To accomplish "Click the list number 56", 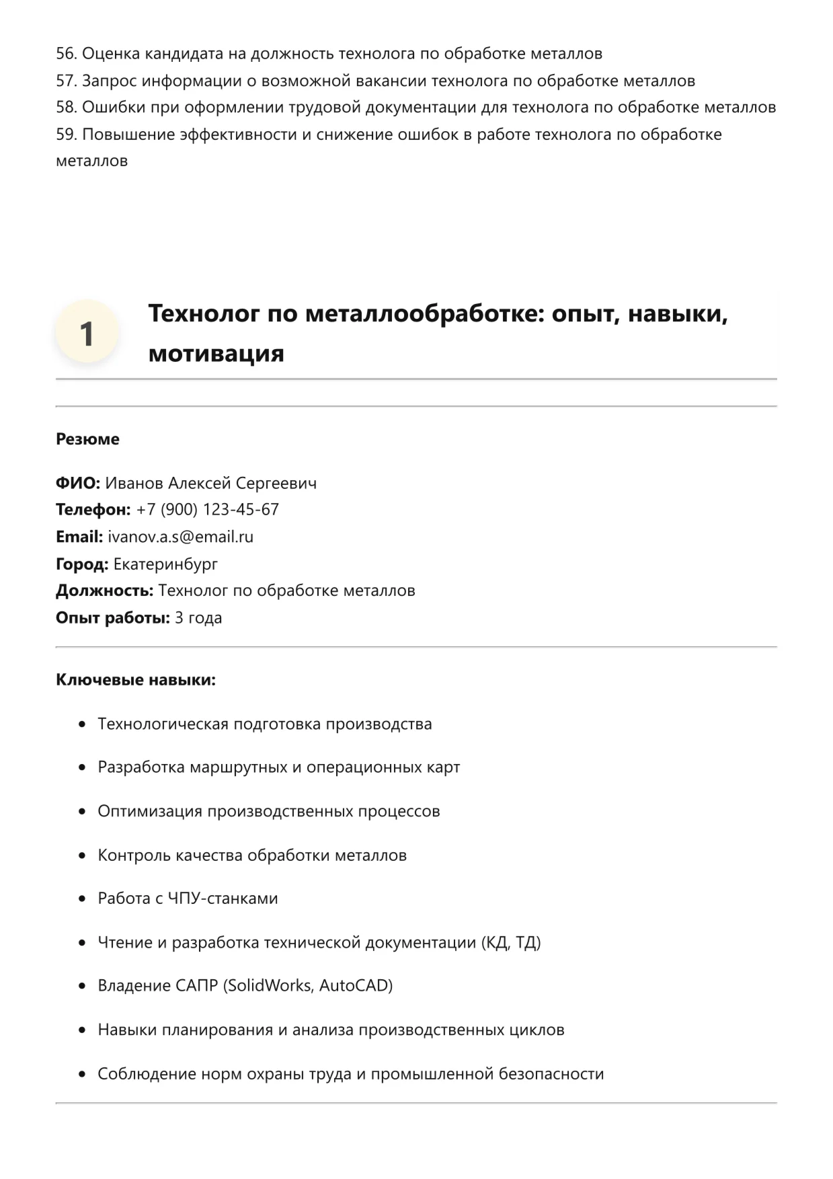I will (x=66, y=54).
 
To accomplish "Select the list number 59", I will (x=66, y=135).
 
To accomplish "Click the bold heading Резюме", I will (x=87, y=439).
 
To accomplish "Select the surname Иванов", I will (x=134, y=483).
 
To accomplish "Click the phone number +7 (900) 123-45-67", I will (x=207, y=510).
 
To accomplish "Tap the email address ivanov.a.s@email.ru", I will (x=180, y=537).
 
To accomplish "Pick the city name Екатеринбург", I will (x=165, y=564).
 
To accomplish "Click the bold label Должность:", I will (x=104, y=591).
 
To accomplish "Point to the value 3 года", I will (x=198, y=617).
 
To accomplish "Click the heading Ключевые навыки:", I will (x=136, y=680).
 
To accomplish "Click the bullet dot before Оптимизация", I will (x=82, y=812).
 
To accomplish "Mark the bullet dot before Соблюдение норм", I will (x=82, y=1074).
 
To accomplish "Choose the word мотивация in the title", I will (x=216, y=353).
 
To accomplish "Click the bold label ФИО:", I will (x=77, y=483).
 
